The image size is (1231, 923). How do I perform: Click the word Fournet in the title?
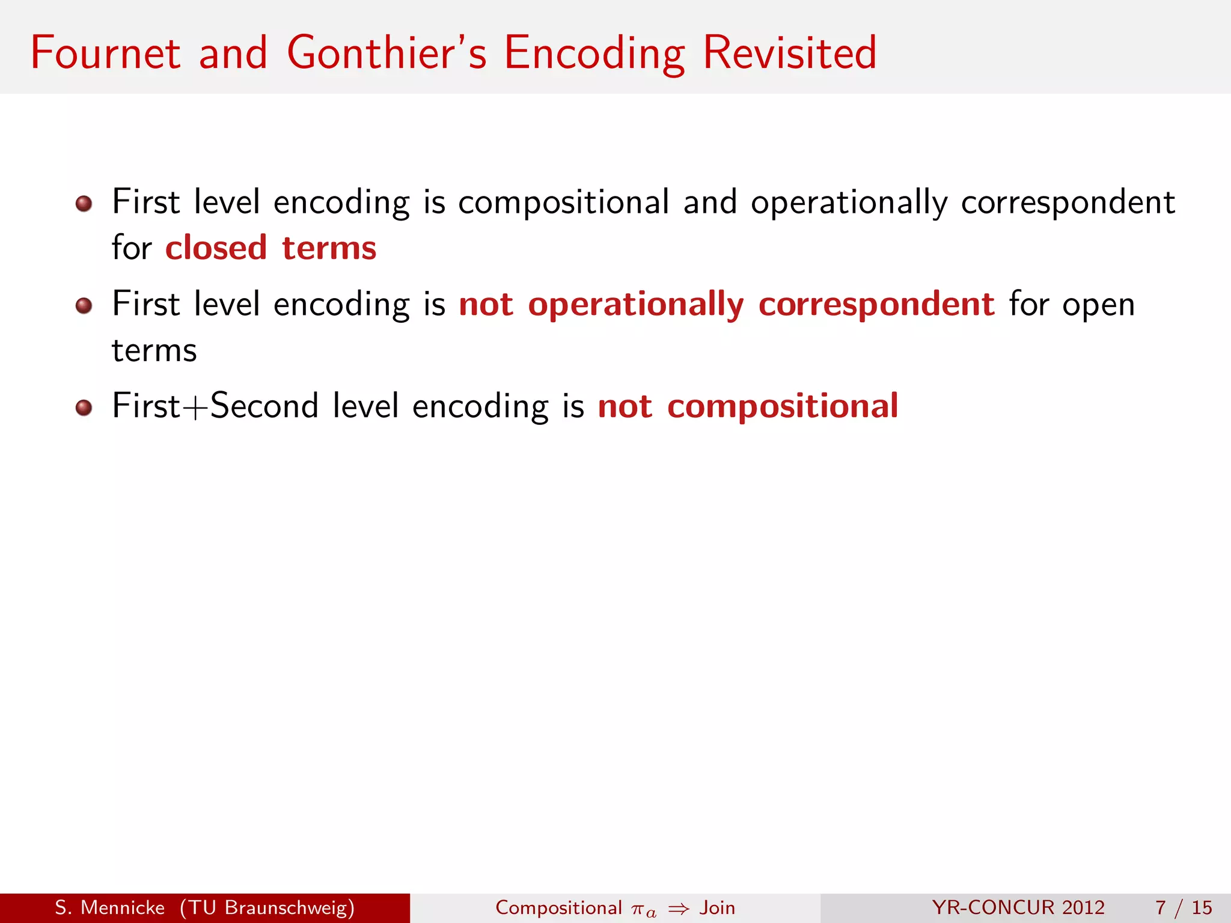tap(105, 53)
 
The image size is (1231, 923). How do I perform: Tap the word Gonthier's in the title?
tap(386, 53)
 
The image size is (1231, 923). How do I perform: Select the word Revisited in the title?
tap(789, 53)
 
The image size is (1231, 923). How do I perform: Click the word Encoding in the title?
tap(594, 54)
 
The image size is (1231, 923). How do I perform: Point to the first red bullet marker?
tap(84, 204)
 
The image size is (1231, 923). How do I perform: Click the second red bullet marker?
tap(84, 306)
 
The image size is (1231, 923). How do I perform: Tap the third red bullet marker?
tap(84, 408)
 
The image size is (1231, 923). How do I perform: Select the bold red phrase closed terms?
tap(270, 248)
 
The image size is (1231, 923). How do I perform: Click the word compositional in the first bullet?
tap(563, 203)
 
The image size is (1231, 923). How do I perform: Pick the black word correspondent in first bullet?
tap(1068, 203)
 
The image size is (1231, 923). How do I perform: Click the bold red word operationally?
tap(635, 305)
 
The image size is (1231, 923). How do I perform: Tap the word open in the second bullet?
tap(1098, 305)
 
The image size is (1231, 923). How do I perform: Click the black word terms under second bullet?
tap(154, 351)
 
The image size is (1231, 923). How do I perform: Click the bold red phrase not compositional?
tap(748, 406)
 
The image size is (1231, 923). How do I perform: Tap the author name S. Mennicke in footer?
tap(109, 907)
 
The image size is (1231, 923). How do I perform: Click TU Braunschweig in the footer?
tap(267, 907)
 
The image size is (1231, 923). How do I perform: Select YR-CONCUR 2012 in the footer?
tap(1018, 907)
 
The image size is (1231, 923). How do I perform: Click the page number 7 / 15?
tap(1183, 907)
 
